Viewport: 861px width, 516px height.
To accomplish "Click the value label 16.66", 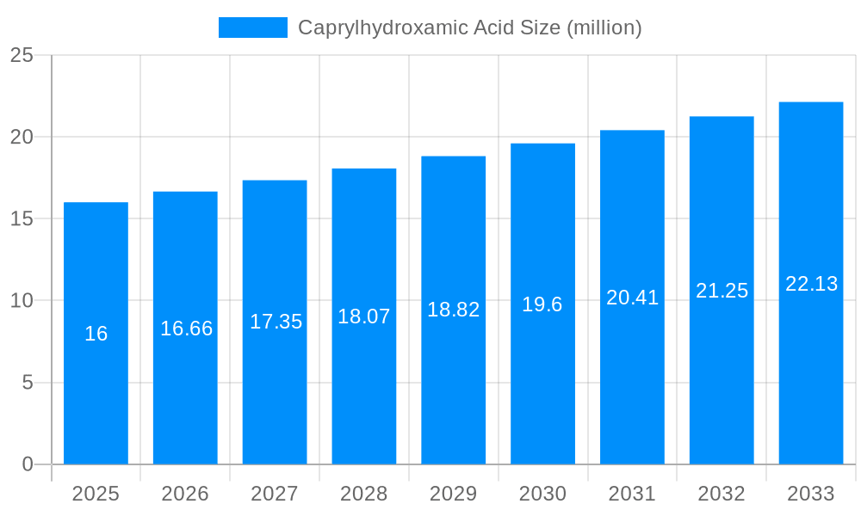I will click(186, 329).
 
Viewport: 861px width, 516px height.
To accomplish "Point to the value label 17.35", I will click(276, 322).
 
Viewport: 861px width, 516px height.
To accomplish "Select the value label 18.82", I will click(453, 310).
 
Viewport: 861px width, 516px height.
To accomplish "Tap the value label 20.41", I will click(632, 298).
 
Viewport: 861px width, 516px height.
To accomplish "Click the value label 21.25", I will click(722, 291).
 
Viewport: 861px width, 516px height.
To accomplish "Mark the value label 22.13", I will click(811, 284).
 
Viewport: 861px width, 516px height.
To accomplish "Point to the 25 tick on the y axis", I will click(22, 55).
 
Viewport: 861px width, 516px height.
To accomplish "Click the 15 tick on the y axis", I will click(22, 218).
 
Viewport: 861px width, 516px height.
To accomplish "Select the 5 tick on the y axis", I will click(28, 382).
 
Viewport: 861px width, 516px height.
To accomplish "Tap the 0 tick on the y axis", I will click(28, 464).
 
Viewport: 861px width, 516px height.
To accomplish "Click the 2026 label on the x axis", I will click(185, 494).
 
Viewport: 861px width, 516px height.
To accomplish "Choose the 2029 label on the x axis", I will click(453, 494).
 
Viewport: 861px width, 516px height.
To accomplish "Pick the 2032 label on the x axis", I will click(722, 494).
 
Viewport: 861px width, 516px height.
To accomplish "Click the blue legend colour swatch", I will click(252, 28).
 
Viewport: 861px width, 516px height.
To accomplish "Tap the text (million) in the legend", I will click(604, 28).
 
